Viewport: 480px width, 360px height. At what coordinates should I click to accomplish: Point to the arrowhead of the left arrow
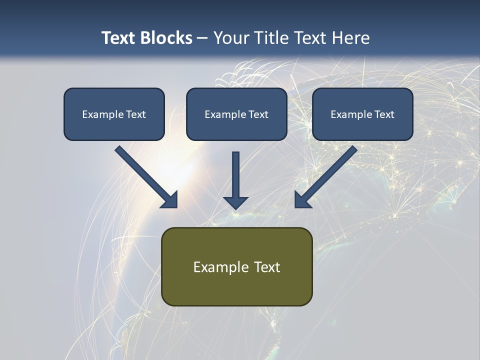170,200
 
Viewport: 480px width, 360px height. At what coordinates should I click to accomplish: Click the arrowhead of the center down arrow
236,202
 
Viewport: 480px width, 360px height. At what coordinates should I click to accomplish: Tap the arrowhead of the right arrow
302,200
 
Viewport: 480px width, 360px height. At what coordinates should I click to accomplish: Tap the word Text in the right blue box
383,114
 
